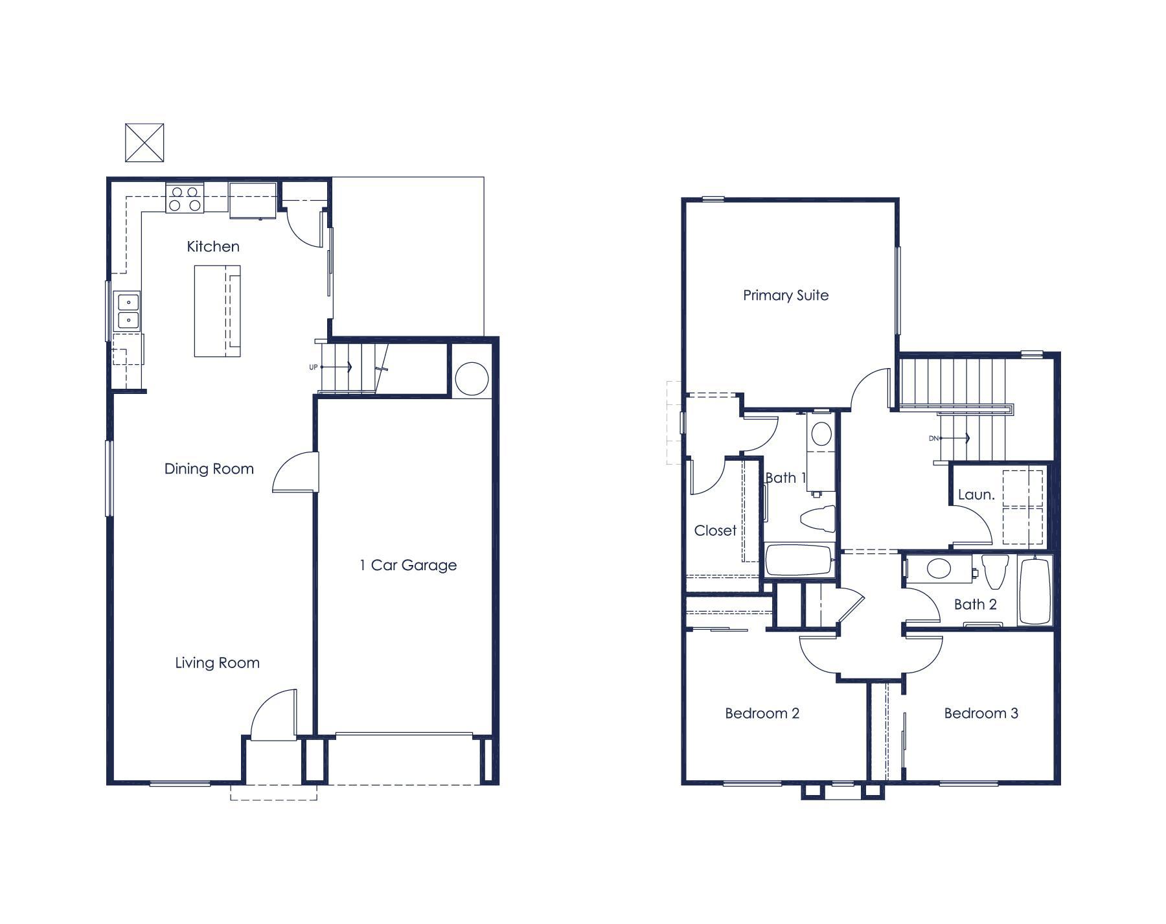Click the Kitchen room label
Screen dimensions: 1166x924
tap(213, 246)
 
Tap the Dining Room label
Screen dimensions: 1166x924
tap(209, 468)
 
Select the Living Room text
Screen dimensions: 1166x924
tap(218, 663)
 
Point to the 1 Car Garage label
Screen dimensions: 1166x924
tap(408, 565)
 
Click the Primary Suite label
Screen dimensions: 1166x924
tap(786, 295)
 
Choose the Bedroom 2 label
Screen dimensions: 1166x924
tap(762, 713)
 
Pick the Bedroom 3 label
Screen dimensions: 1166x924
tap(981, 713)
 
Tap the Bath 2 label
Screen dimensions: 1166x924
tap(976, 605)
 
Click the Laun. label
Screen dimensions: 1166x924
tap(976, 495)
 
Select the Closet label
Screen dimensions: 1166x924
tap(715, 531)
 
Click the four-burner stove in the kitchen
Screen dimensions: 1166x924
tap(185, 198)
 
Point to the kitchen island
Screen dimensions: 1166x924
tap(218, 311)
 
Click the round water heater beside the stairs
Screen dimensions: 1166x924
tap(472, 378)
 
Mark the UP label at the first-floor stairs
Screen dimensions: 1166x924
tap(314, 367)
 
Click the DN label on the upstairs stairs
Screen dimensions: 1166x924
tap(933, 439)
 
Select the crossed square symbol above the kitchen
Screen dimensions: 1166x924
tap(144, 143)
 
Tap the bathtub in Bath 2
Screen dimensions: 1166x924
tap(1035, 590)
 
